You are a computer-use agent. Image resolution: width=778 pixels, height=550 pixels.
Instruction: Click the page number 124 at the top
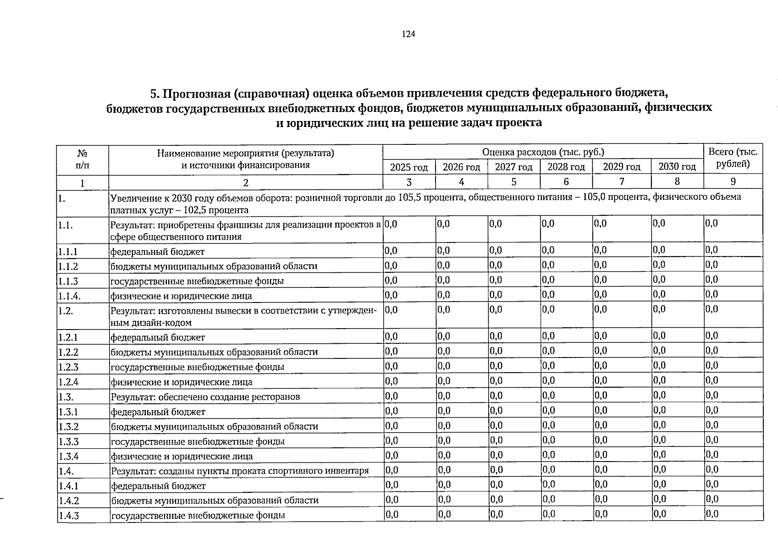pyautogui.click(x=408, y=34)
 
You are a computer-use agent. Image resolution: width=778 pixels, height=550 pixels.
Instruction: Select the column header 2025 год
pyautogui.click(x=408, y=167)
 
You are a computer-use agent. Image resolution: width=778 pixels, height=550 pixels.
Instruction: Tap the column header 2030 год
pyautogui.click(x=677, y=167)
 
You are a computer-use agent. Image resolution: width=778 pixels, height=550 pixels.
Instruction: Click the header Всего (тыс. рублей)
pyautogui.click(x=733, y=158)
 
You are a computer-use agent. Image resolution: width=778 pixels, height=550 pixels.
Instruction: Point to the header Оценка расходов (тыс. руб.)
pyautogui.click(x=543, y=152)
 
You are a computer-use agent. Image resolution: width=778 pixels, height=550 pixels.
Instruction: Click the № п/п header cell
pyautogui.click(x=83, y=158)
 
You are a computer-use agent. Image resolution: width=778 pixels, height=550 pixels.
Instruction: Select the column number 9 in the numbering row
pyautogui.click(x=733, y=182)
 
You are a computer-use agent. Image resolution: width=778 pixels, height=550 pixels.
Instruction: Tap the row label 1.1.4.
pyautogui.click(x=70, y=296)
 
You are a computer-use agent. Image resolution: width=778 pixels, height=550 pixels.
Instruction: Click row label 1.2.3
pyautogui.click(x=68, y=367)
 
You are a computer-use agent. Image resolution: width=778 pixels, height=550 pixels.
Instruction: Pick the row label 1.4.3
pyautogui.click(x=69, y=516)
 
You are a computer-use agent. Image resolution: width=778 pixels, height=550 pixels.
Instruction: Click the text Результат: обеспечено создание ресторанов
pyautogui.click(x=205, y=396)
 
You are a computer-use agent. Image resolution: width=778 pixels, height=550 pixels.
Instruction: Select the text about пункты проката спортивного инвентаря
pyautogui.click(x=240, y=471)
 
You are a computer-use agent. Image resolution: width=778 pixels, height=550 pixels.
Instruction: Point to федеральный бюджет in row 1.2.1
pyautogui.click(x=158, y=337)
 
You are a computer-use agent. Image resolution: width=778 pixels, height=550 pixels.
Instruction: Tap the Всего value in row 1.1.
pyautogui.click(x=712, y=224)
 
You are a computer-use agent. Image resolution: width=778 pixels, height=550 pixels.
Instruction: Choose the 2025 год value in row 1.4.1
pyautogui.click(x=391, y=484)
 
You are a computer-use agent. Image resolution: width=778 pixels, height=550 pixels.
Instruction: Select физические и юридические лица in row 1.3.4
pyautogui.click(x=182, y=456)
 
